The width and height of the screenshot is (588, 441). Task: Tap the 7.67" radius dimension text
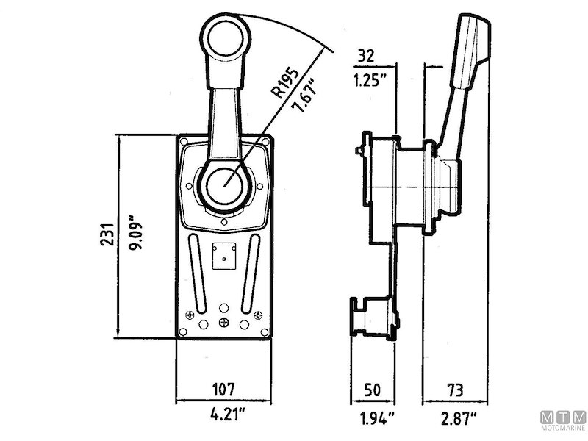[303, 96]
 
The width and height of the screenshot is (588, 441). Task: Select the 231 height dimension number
[106, 236]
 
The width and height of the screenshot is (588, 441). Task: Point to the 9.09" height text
[134, 236]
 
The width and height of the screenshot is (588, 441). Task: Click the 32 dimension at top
[365, 54]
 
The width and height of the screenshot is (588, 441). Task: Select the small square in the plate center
[223, 255]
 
